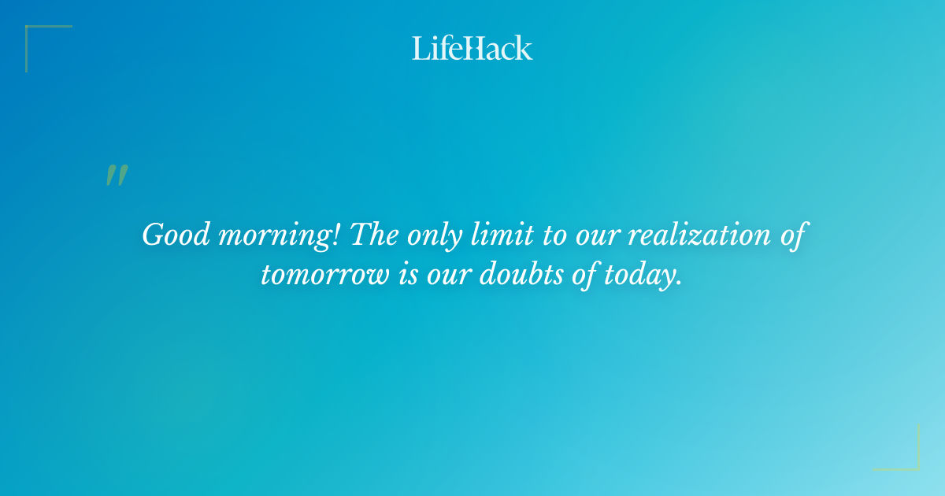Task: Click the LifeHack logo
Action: (x=472, y=48)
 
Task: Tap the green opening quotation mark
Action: (x=117, y=176)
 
